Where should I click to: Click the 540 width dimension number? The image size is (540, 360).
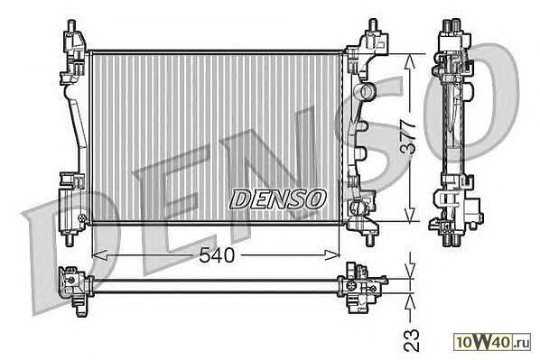[x=217, y=255]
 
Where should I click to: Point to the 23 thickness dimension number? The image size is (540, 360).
[x=412, y=340]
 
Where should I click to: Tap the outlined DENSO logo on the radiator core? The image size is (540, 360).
[x=277, y=198]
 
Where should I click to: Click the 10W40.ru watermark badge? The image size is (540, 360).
[x=492, y=342]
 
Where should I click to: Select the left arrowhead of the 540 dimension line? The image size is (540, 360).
[x=99, y=255]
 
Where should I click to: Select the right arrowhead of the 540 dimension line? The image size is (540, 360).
[x=332, y=255]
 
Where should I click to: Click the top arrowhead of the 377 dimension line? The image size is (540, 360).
[x=409, y=63]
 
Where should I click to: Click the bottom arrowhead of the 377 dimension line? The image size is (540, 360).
[x=409, y=214]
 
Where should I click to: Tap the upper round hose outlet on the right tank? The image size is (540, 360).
[x=366, y=91]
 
